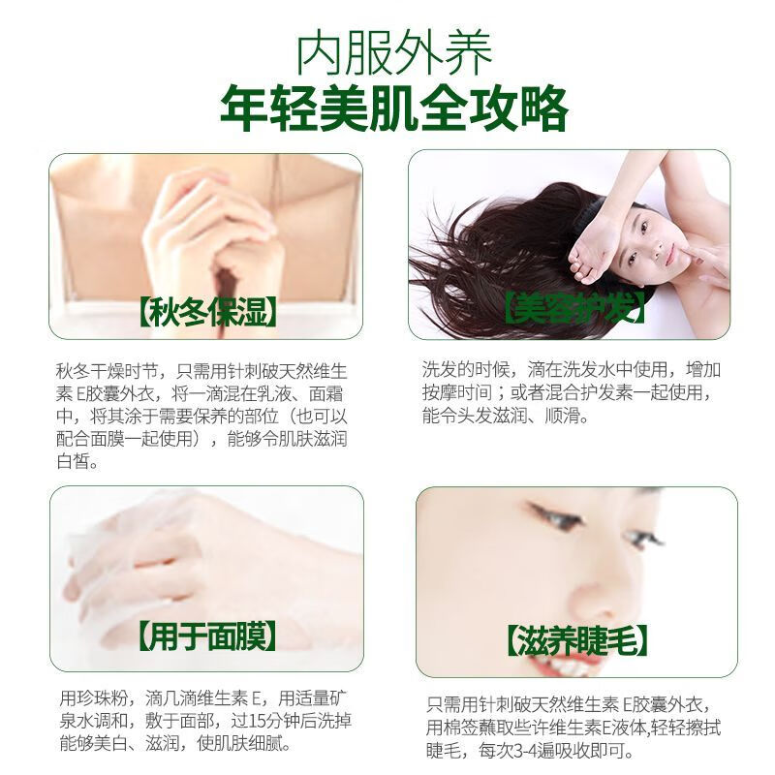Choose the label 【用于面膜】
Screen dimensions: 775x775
206,636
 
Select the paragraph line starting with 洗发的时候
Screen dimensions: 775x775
572,370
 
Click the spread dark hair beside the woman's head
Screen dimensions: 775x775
484,252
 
